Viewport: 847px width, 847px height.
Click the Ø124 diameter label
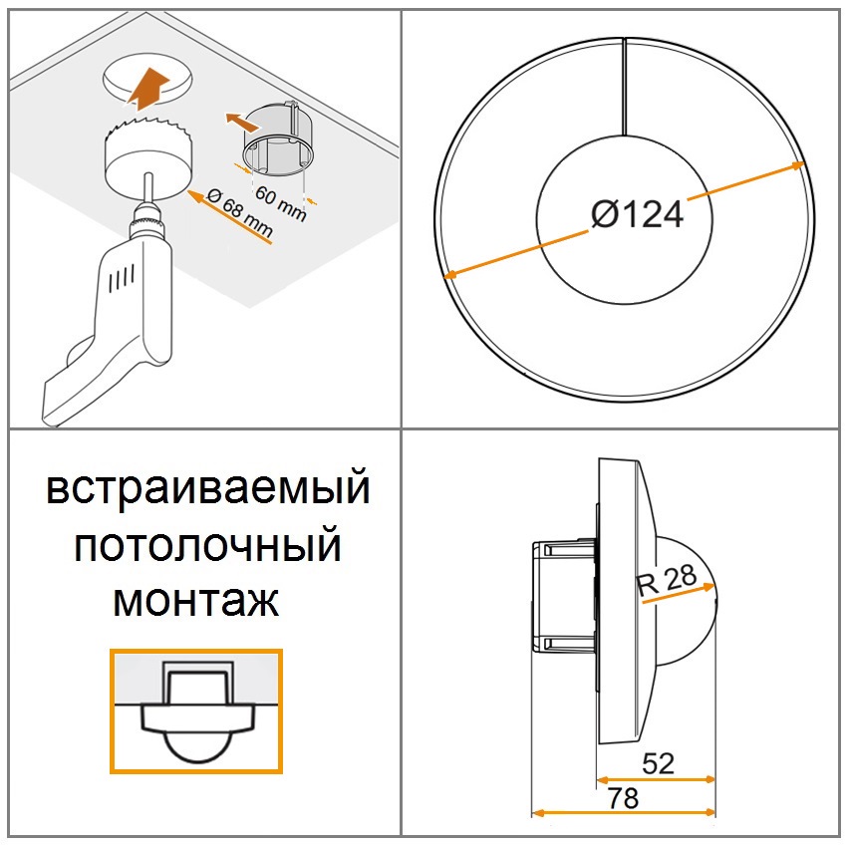638,214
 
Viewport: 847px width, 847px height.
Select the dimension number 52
658,763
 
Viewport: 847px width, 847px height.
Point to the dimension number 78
623,798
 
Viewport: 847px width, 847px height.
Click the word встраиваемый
208,488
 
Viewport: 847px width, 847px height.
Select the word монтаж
195,600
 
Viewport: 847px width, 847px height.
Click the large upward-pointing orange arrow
147,87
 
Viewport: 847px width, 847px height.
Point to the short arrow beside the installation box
241,123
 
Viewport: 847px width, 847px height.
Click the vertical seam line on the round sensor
625,87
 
